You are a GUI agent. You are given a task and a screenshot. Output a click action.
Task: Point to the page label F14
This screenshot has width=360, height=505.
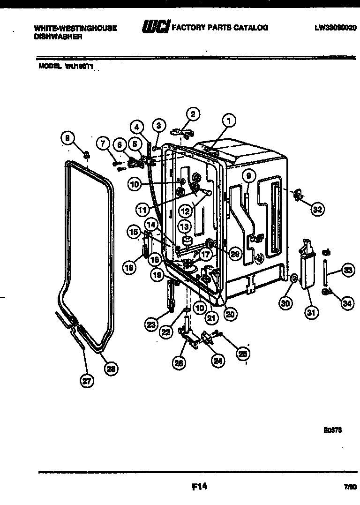coord(200,487)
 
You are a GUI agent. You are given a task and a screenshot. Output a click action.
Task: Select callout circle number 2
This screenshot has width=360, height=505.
coord(192,113)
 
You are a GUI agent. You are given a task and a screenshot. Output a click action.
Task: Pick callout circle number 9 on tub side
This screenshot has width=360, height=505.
coord(248,176)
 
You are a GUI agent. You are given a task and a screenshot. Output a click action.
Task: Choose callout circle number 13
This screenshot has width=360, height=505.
coord(185,227)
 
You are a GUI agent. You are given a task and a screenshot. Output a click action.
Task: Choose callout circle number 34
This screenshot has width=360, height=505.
coord(346,303)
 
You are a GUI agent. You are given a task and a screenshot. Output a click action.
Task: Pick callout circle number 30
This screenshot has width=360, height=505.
coord(285,303)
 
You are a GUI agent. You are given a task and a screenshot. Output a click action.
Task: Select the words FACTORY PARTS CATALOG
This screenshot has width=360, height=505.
coord(220,28)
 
